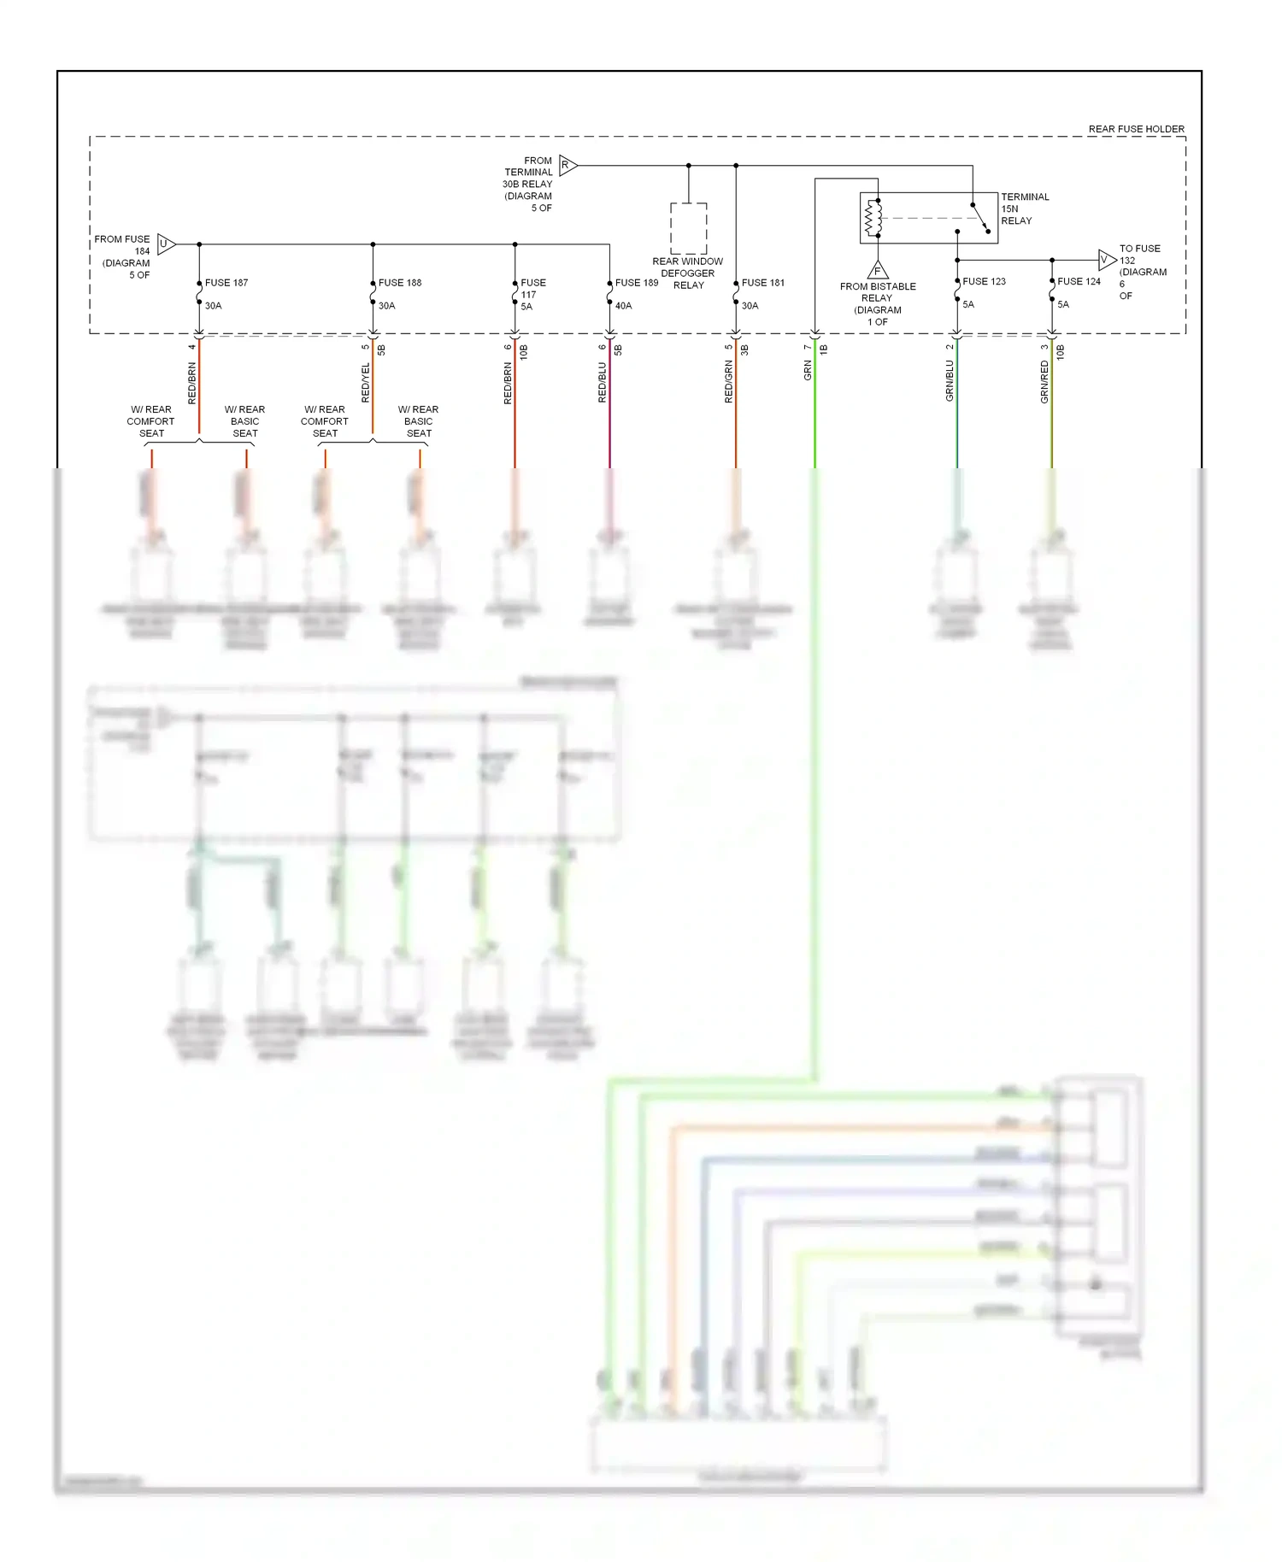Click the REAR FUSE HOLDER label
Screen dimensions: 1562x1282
click(1136, 129)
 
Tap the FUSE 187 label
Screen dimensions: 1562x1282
click(226, 283)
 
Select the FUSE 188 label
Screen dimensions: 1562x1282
click(400, 283)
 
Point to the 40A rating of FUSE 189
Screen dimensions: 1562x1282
click(624, 306)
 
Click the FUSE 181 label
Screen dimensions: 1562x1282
click(763, 283)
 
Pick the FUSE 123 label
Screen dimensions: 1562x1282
click(984, 281)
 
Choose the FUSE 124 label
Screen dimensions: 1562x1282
click(1079, 281)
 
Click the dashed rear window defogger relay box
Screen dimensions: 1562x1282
click(688, 228)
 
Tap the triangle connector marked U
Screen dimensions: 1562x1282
click(166, 244)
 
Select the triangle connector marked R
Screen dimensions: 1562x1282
click(567, 165)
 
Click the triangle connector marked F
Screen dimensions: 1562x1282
click(878, 270)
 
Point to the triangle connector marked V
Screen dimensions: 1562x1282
click(1107, 259)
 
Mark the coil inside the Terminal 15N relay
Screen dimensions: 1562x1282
click(873, 218)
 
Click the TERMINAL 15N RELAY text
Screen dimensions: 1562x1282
click(1024, 208)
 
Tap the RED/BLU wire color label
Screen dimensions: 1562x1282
click(602, 382)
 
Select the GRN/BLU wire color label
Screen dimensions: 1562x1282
click(950, 380)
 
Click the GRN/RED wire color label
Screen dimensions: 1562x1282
click(1044, 381)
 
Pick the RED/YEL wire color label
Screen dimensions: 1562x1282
click(366, 382)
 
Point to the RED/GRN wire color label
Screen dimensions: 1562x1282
click(728, 381)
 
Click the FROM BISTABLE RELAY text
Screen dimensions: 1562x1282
click(878, 292)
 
